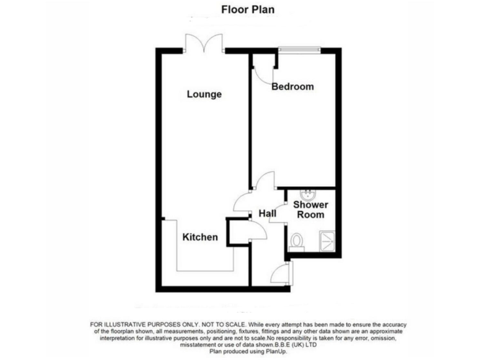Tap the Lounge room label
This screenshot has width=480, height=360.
(204, 95)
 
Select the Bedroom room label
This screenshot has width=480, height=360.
(292, 87)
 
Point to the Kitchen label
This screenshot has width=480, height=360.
(200, 237)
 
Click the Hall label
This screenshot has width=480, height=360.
(267, 214)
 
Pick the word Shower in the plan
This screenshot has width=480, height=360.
(311, 204)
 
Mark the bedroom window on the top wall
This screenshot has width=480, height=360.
(299, 49)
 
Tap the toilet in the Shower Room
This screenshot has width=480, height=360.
(297, 241)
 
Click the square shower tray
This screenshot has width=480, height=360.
(327, 241)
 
